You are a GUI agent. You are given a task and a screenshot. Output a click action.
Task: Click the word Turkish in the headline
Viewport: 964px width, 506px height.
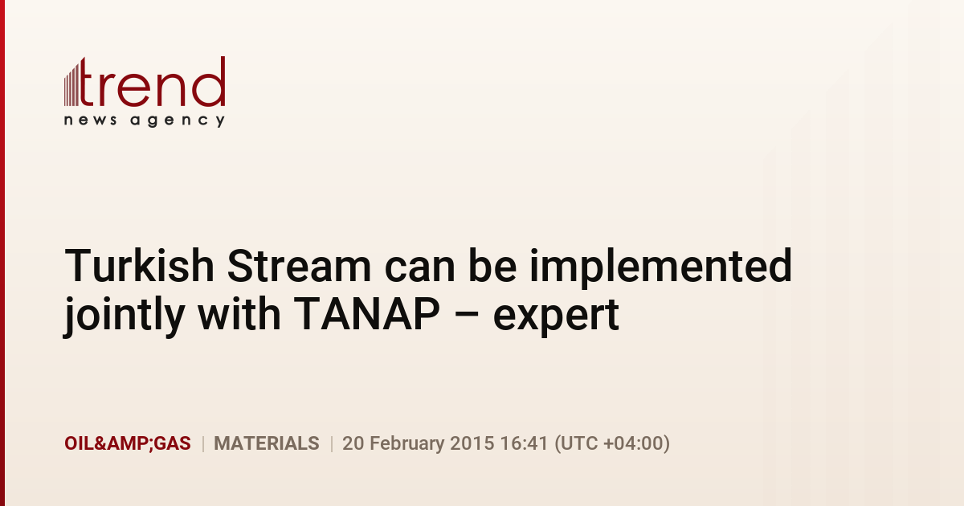140,266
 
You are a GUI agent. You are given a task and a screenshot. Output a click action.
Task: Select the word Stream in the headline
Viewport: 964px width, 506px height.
299,266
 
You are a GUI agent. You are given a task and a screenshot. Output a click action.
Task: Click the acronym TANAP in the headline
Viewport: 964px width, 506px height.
366,313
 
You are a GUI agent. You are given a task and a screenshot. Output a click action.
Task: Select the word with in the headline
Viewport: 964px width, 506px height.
239,312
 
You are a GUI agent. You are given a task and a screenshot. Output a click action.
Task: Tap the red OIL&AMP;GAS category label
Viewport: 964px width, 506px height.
128,443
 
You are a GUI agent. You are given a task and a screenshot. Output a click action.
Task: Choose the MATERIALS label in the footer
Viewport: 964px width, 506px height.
267,443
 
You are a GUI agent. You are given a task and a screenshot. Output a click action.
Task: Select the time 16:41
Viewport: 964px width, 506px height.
524,443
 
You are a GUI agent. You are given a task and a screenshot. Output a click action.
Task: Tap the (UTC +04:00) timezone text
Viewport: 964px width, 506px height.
612,444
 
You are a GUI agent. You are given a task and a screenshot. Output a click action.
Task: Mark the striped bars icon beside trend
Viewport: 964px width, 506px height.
71,83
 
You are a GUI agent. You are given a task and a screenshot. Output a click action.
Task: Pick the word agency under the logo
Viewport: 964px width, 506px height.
178,121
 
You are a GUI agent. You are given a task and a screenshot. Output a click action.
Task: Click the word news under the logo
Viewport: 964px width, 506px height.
90,120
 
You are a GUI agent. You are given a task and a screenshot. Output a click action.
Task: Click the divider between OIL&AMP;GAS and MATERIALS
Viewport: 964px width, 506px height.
202,443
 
